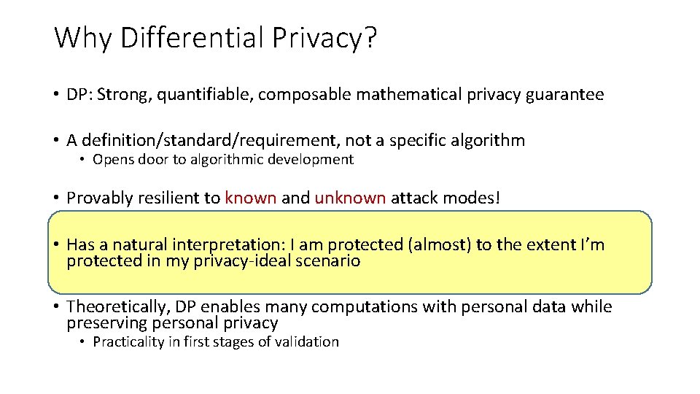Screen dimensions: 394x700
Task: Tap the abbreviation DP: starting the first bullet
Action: pos(79,95)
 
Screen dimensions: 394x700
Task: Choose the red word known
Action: pos(251,198)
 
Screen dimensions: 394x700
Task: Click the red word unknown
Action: pos(350,198)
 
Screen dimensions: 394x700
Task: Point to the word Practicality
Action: pos(130,341)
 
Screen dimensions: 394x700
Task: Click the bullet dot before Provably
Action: pos(56,198)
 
